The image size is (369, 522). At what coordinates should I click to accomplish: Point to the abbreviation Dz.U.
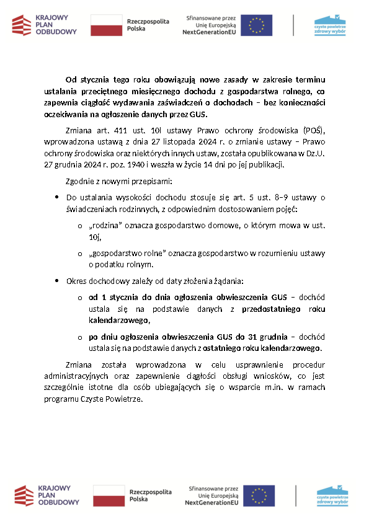pos(316,154)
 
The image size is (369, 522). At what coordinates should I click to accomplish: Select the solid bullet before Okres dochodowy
pos(58,281)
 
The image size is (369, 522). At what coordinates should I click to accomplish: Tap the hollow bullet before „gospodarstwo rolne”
pos(80,254)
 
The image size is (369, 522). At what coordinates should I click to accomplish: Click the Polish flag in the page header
pos(106,25)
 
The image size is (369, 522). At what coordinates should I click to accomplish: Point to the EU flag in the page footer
pos(259,496)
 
